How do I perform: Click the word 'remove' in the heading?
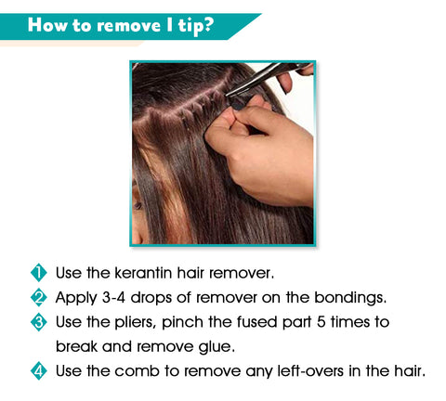tap(128, 26)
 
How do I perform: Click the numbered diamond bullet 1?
tap(39, 273)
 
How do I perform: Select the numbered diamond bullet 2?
tap(39, 297)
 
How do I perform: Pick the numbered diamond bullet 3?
tap(39, 322)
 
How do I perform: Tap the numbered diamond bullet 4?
tap(39, 371)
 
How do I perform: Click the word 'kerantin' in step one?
tap(143, 273)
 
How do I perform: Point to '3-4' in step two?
tap(113, 298)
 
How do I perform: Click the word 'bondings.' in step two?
tap(350, 298)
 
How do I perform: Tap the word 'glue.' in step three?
tap(216, 347)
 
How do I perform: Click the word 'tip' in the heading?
tap(190, 26)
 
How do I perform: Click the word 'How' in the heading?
tap(47, 25)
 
